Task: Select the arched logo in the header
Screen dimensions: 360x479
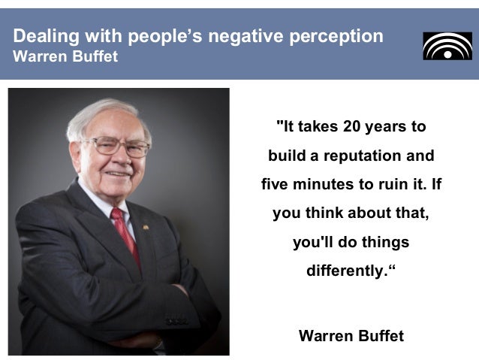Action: click(x=447, y=46)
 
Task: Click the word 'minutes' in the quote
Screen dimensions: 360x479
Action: click(x=324, y=184)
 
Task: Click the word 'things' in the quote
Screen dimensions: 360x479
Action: click(x=387, y=241)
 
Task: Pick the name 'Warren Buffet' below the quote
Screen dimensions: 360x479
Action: click(x=351, y=336)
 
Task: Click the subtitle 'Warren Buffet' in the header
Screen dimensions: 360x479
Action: click(x=66, y=57)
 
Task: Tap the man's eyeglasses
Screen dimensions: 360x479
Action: click(x=120, y=146)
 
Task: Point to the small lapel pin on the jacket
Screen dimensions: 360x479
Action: click(x=146, y=226)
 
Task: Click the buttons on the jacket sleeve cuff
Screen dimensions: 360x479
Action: click(x=177, y=322)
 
